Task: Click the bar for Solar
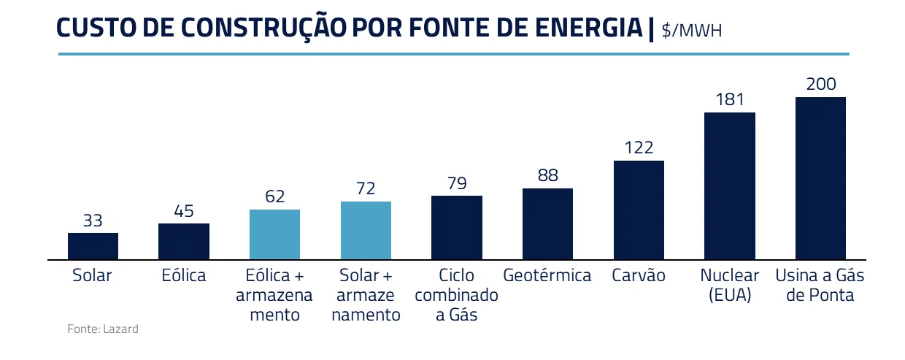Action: point(93,246)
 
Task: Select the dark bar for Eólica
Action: point(184,241)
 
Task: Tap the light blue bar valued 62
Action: point(274,234)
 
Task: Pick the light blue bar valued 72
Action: point(366,230)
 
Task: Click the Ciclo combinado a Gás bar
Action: point(457,227)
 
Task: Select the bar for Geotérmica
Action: point(547,223)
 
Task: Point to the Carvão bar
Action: point(639,210)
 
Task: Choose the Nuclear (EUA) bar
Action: point(730,185)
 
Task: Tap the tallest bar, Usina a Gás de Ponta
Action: point(820,178)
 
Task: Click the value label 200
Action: point(821,84)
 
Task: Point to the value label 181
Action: point(730,99)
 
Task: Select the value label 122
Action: point(639,148)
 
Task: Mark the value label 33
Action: point(93,220)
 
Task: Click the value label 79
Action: point(457,183)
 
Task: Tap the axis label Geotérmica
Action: point(547,276)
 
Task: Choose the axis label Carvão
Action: point(639,276)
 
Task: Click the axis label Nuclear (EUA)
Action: point(730,286)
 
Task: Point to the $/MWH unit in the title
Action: point(692,31)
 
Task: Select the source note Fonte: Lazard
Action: point(103,329)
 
